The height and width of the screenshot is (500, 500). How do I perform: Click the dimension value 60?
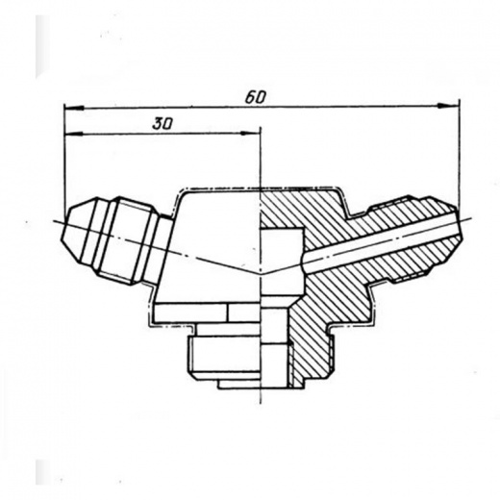tap(256, 97)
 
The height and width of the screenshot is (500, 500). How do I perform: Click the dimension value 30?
tap(162, 124)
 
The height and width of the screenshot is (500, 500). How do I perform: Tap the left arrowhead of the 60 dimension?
tap(75, 108)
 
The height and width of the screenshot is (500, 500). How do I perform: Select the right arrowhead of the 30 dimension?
tap(250, 133)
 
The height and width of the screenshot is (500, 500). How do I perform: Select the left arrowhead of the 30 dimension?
tap(74, 134)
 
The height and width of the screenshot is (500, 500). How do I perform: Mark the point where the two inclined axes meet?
tap(261, 274)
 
